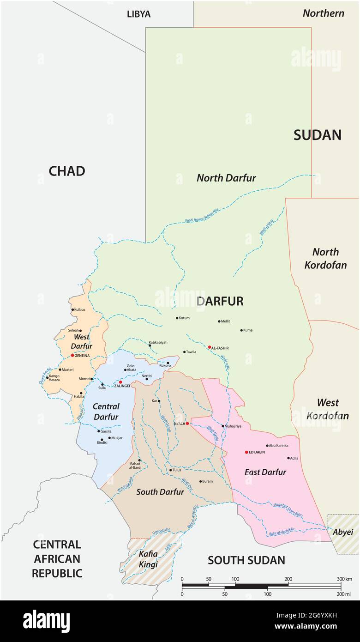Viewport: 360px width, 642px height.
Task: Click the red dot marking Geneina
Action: point(72,355)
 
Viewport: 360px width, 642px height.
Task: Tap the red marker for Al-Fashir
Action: point(209,347)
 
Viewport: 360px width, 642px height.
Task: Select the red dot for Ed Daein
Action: point(246,452)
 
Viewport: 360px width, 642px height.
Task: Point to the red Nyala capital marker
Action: point(187,423)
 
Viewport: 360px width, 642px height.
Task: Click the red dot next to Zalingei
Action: point(120,382)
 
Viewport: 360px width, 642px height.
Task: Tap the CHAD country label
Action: point(67,171)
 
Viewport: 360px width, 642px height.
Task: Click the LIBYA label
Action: point(138,14)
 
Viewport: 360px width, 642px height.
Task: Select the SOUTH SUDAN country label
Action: point(246,560)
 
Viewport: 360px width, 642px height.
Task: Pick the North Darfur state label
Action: point(226,178)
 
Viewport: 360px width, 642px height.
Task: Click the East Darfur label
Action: point(265,472)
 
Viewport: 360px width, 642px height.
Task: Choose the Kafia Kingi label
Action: point(148,559)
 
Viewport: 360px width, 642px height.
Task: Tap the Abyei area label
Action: point(343,532)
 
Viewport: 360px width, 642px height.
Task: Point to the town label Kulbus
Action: point(79,309)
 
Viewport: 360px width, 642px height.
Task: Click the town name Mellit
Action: point(225,321)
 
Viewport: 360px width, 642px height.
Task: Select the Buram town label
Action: point(207,481)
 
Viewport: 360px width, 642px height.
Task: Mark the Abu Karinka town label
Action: point(278,446)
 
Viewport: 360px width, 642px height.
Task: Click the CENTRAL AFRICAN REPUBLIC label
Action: point(57,559)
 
